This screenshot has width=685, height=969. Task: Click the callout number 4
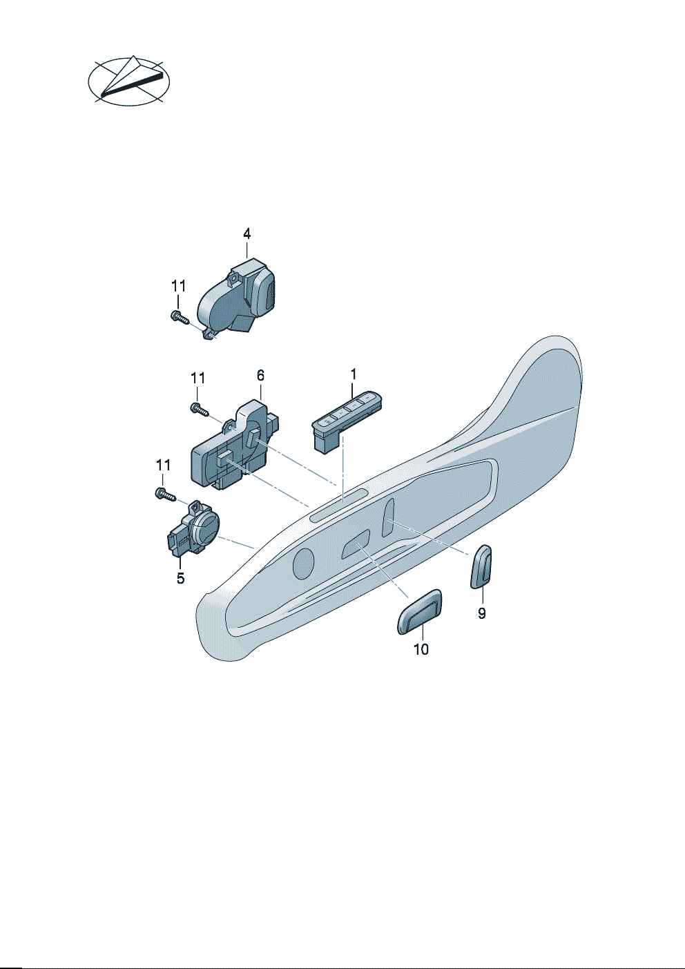coord(247,234)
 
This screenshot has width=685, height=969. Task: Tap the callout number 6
coord(260,376)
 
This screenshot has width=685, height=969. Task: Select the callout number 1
coord(354,374)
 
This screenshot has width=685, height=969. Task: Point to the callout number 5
coord(181,578)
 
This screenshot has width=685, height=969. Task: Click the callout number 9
coord(482,613)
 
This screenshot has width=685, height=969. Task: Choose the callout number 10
coord(421,649)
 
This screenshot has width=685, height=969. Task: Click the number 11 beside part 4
coord(179,286)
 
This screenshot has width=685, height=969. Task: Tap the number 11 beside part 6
coord(197,378)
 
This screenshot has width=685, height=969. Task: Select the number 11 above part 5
coord(163,466)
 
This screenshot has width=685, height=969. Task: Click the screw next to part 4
coord(180,318)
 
